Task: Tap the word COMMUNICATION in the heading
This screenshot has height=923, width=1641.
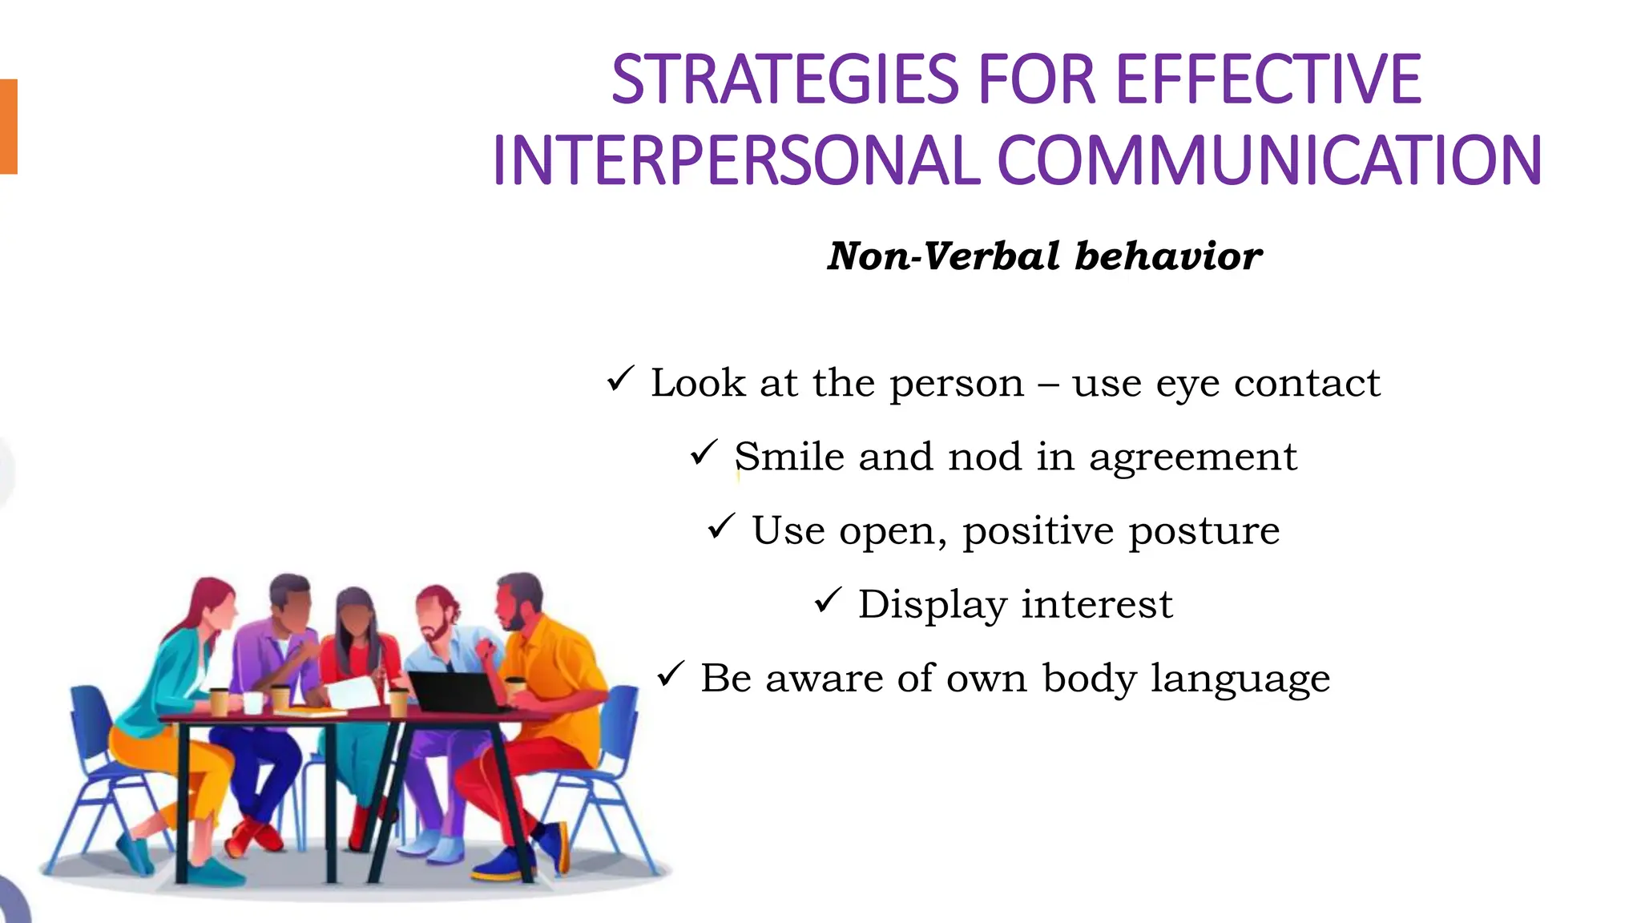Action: (x=1269, y=161)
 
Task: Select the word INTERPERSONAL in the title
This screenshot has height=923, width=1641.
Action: (x=736, y=161)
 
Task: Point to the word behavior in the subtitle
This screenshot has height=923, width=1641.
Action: (x=1168, y=256)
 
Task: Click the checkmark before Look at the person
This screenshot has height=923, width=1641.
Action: (x=621, y=378)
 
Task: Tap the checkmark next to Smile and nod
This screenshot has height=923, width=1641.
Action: (x=704, y=453)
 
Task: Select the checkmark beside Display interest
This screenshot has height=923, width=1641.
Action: (x=829, y=600)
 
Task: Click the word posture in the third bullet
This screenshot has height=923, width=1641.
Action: (x=1204, y=531)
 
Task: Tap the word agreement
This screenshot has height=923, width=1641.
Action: (x=1192, y=458)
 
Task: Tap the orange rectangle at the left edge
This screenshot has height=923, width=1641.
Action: (x=8, y=127)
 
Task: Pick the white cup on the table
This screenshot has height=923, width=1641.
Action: (x=253, y=703)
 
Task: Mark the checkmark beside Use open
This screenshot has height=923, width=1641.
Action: (x=721, y=526)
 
